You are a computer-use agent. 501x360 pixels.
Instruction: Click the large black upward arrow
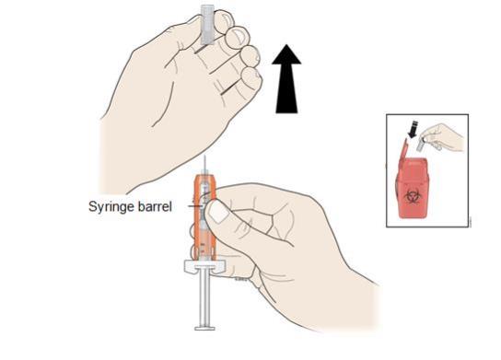coord(286,79)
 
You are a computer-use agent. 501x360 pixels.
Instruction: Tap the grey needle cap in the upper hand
coord(207,25)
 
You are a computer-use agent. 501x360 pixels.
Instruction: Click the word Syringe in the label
coord(111,206)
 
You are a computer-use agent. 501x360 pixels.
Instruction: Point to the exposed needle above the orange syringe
coord(204,165)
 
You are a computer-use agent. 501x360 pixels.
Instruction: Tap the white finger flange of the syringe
coord(204,267)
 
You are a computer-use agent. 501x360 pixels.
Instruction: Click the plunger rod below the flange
coord(204,299)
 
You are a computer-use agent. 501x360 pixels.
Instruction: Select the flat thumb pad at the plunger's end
coord(204,328)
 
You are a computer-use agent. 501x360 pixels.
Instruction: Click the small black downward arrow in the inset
coord(414,129)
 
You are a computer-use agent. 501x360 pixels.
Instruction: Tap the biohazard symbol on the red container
coord(412,197)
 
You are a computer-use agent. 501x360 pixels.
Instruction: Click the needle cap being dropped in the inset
coord(421,144)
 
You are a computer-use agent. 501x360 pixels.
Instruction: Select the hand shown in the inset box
coord(443,137)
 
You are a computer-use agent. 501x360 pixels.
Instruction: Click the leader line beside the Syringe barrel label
coord(195,206)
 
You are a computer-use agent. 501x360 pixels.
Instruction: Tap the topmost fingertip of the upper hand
coord(224,20)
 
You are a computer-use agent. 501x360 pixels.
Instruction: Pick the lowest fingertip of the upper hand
coord(251,79)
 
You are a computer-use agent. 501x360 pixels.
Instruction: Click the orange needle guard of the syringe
coord(204,217)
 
